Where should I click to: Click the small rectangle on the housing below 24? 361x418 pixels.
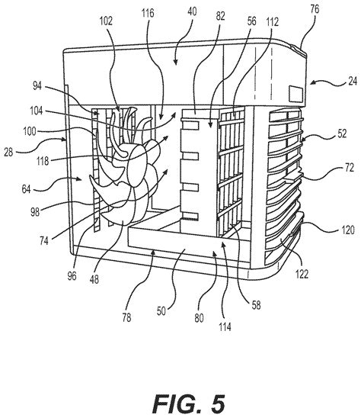point(296,92)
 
